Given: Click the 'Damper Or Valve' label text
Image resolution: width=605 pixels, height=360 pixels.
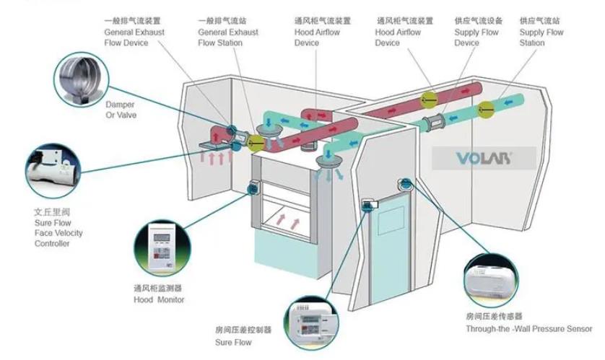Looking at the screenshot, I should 120,110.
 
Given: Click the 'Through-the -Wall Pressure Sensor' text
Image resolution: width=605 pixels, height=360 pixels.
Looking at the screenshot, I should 528,329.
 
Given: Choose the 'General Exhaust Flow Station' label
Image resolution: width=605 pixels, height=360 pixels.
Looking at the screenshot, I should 227,32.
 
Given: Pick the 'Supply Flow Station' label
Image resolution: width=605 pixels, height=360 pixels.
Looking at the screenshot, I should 541,32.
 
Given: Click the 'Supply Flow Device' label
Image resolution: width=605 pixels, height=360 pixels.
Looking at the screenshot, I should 476,32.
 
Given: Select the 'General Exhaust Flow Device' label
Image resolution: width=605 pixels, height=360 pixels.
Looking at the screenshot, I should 134,32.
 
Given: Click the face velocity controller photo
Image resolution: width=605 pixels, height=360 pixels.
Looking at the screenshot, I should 53,172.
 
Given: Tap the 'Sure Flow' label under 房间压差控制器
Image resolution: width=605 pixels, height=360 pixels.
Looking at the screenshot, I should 233,342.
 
